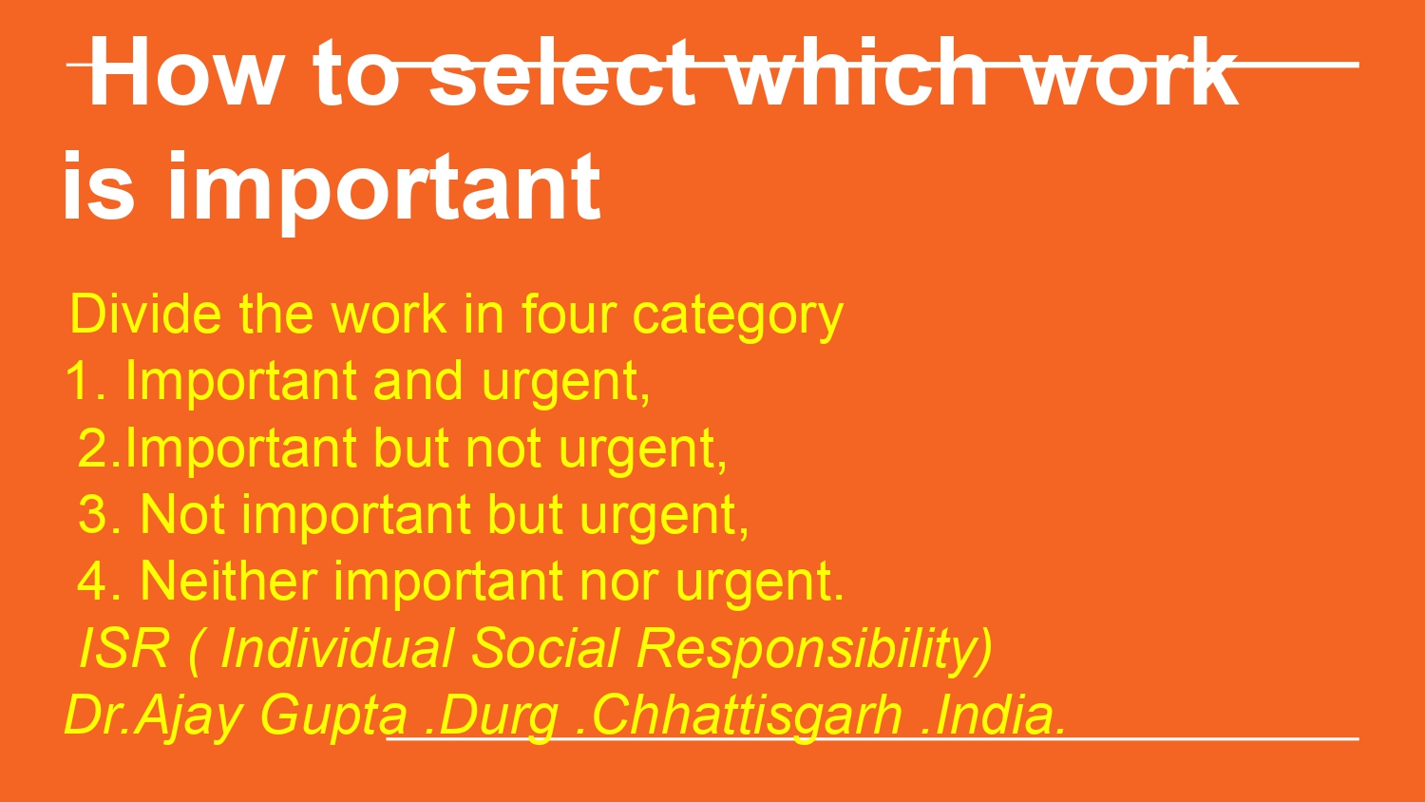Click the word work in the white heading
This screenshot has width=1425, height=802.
(x=1130, y=71)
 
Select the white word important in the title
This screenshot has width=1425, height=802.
(x=384, y=188)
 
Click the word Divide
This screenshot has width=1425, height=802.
(x=145, y=314)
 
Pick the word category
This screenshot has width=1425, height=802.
(x=738, y=317)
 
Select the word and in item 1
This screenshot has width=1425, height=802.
(x=417, y=381)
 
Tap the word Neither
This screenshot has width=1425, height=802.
(x=228, y=581)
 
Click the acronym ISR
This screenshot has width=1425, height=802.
(x=124, y=648)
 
